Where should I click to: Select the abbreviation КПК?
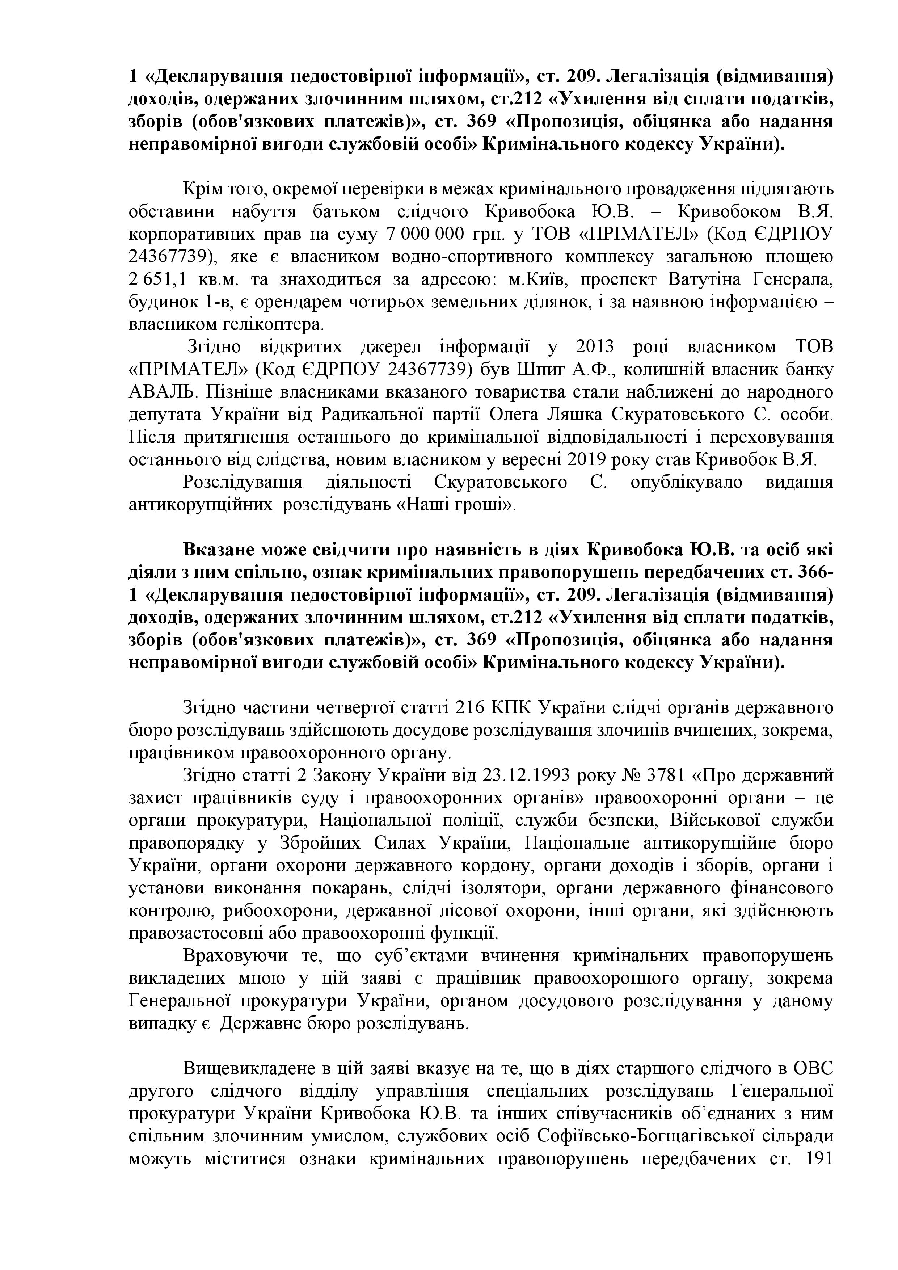[513, 708]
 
